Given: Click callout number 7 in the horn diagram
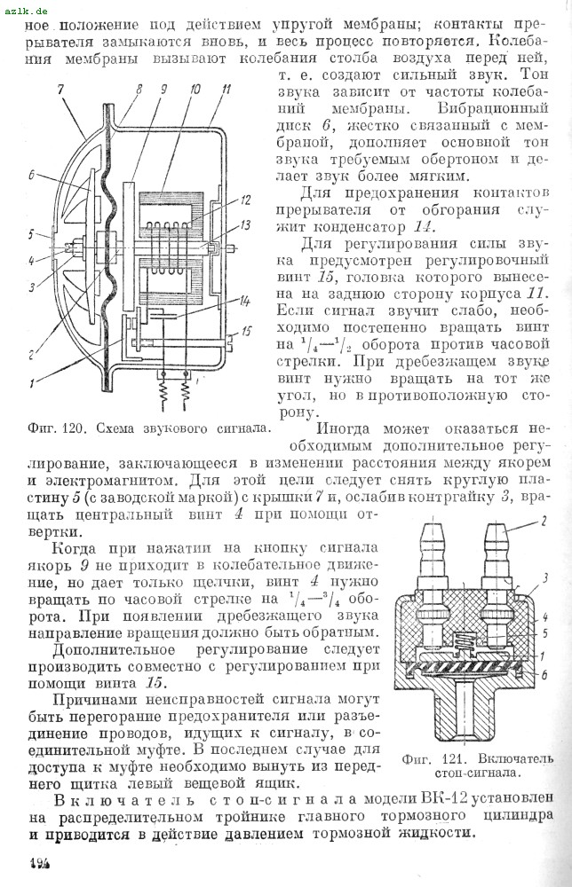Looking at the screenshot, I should point(60,89).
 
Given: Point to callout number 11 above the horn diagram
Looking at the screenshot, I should point(227,89).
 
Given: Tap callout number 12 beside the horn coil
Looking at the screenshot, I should point(245,200).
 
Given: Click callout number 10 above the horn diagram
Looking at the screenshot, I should point(195,89).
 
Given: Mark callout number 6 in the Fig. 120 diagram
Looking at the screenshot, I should point(31,175).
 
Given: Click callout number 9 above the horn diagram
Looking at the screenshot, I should point(163,89).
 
